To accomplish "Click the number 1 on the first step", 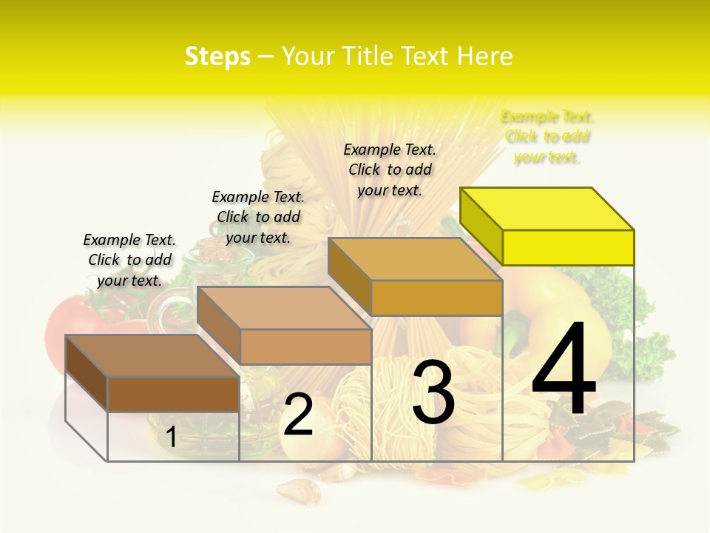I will pos(172,437).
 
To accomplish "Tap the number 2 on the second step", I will pos(298,415).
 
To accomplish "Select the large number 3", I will pos(433,392).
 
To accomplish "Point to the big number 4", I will pos(564,369).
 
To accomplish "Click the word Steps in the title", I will pos(217,56).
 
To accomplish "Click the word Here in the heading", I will pos(484,56).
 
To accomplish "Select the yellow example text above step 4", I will pos(547,137).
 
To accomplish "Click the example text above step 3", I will pos(390,170).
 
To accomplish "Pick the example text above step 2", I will pos(258,217).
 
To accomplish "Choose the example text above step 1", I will pos(129,260).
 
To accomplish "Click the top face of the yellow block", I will pos(547,209).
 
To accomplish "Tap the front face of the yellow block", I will pos(568,247).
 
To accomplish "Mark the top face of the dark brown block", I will pos(152,356).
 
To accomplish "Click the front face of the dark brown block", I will pos(173,394).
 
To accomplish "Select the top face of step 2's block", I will pos(284,308).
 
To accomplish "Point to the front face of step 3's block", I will pos(436,298).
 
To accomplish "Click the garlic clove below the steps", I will pos(299,489).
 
